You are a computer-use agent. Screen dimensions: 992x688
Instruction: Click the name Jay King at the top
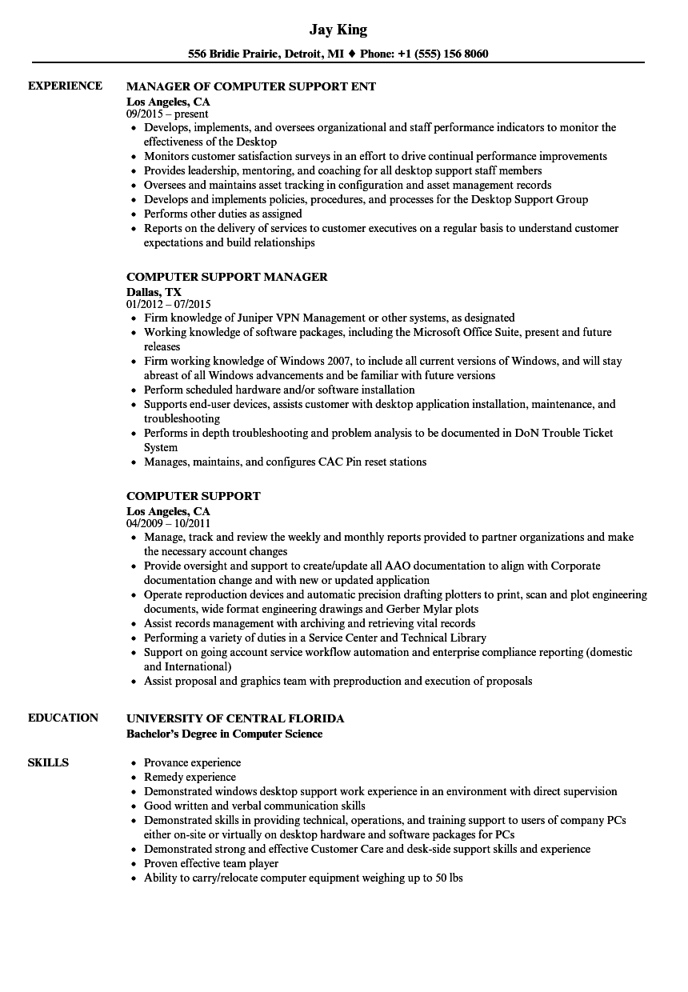pos(338,30)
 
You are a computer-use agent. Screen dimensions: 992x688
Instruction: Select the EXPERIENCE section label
pos(65,86)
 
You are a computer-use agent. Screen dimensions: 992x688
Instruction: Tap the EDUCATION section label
pos(63,718)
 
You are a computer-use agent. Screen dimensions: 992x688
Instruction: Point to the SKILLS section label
pos(48,762)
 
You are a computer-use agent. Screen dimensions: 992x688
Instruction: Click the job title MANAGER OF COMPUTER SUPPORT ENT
pos(251,86)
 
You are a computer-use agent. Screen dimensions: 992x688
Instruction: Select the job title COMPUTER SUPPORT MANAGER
pos(227,277)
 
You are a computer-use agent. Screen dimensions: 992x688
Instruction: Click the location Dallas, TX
pos(154,292)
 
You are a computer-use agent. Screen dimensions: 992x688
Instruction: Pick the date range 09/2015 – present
pos(167,114)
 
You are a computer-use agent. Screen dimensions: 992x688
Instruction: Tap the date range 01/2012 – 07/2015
pos(168,305)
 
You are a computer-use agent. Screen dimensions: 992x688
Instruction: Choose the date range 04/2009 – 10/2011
pos(168,524)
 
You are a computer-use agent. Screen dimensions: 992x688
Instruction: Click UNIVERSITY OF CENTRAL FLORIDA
pos(235,718)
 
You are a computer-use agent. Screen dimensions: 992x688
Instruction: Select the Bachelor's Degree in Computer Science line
pos(225,734)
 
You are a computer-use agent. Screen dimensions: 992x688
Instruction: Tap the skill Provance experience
pos(192,762)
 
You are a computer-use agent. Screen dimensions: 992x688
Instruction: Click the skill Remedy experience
pos(190,777)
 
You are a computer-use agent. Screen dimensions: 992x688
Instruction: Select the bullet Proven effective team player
pos(211,863)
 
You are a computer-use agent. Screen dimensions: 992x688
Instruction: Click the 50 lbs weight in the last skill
pos(449,878)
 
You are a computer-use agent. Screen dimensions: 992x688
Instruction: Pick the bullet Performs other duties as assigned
pos(223,214)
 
